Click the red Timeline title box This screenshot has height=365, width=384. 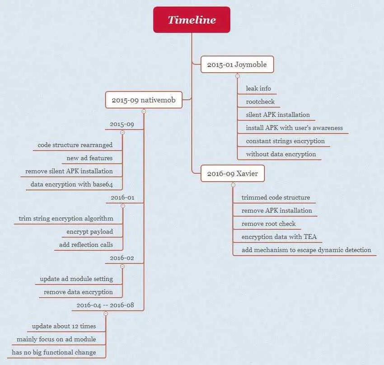pyautogui.click(x=192, y=19)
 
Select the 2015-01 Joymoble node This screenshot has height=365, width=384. pyautogui.click(x=237, y=65)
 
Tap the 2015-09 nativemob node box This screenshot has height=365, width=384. pyautogui.click(x=144, y=100)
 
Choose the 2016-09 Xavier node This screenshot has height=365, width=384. pyautogui.click(x=232, y=173)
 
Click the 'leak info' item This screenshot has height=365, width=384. pyautogui.click(x=258, y=89)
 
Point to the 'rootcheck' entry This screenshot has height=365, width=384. pyautogui.click(x=260, y=102)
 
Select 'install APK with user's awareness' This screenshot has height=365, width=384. pyautogui.click(x=295, y=128)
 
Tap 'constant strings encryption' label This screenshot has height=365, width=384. pyautogui.click(x=286, y=141)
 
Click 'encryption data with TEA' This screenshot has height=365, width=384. pyautogui.click(x=279, y=237)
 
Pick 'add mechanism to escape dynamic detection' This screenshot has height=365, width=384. pyautogui.click(x=306, y=250)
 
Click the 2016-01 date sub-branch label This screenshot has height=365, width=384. pyautogui.click(x=122, y=197)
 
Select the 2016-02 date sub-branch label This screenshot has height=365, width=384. pyautogui.click(x=122, y=258)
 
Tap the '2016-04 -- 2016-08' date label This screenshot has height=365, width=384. pyautogui.click(x=105, y=305)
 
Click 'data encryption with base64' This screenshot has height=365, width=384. pyautogui.click(x=71, y=184)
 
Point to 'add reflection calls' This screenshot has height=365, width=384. pyautogui.click(x=86, y=244)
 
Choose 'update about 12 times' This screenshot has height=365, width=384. pyautogui.click(x=64, y=326)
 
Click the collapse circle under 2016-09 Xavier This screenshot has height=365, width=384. pyautogui.click(x=233, y=185)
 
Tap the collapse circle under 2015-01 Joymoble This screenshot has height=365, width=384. pyautogui.click(x=237, y=76)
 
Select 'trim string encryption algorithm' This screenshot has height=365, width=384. pyautogui.click(x=66, y=218)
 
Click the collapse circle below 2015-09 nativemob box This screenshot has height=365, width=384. pyautogui.click(x=144, y=112)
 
